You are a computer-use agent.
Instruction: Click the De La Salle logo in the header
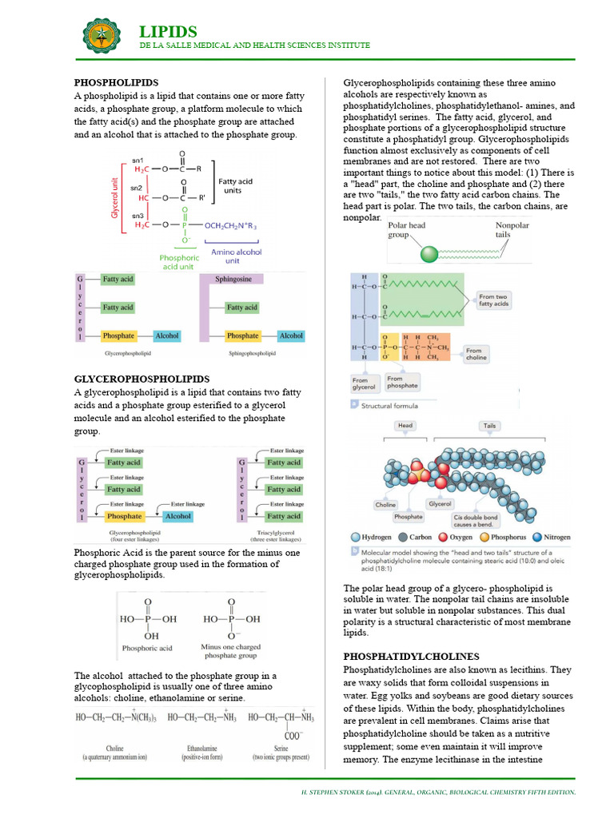(x=104, y=35)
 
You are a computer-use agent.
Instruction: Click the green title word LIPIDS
(x=168, y=32)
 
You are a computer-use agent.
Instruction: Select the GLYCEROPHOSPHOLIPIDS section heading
(x=142, y=379)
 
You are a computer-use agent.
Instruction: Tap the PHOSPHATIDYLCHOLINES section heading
(x=411, y=656)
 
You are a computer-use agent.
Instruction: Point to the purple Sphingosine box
(x=233, y=280)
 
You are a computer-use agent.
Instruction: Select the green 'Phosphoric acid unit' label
(x=179, y=263)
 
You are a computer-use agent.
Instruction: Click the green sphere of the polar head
(x=430, y=255)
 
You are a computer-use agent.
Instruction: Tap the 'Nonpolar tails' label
(x=513, y=230)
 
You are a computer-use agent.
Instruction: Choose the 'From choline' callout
(x=474, y=354)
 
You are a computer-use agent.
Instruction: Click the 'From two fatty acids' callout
(x=494, y=300)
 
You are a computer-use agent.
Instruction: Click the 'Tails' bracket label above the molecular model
(x=488, y=426)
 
